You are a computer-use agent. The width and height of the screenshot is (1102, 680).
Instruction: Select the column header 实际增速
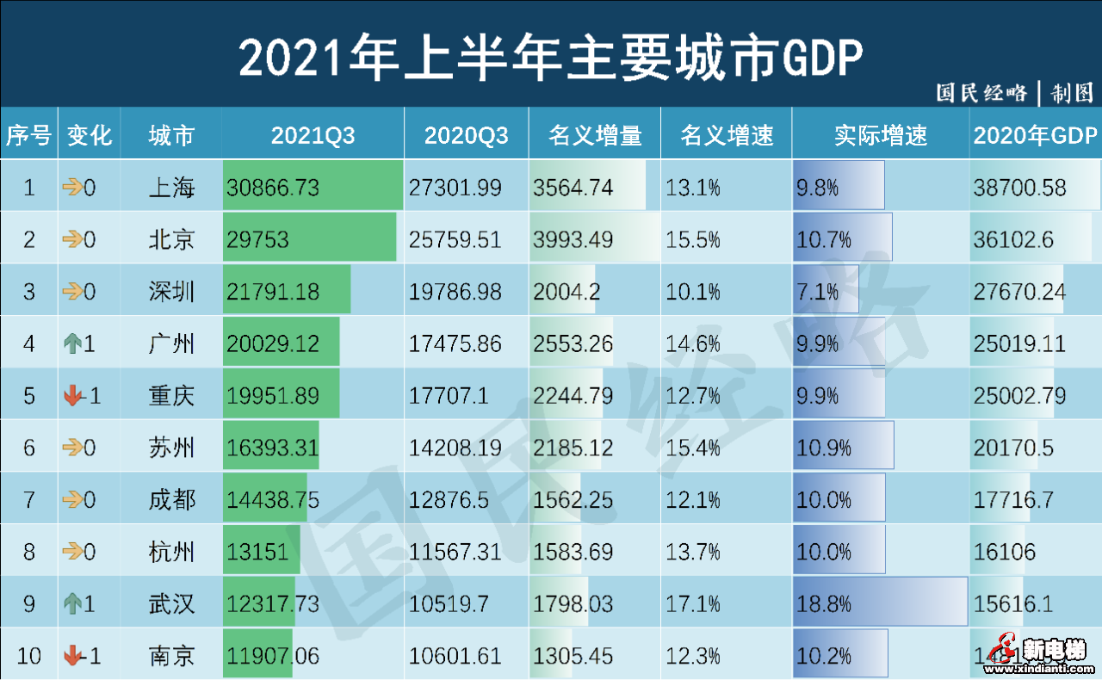tap(880, 135)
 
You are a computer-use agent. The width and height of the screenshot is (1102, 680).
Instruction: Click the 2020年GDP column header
tap(1035, 135)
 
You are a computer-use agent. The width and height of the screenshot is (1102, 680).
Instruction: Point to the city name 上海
tap(171, 188)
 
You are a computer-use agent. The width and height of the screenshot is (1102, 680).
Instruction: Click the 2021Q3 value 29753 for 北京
tap(258, 239)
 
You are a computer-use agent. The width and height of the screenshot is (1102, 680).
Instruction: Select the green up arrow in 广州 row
tap(73, 344)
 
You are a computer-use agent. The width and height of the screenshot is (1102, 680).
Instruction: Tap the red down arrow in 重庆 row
tap(73, 396)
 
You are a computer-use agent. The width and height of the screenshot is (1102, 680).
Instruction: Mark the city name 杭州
tap(171, 552)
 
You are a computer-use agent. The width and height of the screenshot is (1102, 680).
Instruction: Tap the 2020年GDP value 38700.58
tap(1019, 188)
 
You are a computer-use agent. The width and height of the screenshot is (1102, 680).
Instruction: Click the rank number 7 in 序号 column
tap(28, 499)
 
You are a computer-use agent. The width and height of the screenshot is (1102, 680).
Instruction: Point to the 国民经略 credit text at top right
tap(981, 93)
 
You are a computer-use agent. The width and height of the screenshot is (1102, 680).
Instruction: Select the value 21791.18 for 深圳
tap(273, 292)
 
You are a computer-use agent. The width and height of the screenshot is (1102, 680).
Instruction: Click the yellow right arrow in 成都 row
tap(73, 499)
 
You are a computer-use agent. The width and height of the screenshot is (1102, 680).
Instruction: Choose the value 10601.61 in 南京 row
tap(455, 656)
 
